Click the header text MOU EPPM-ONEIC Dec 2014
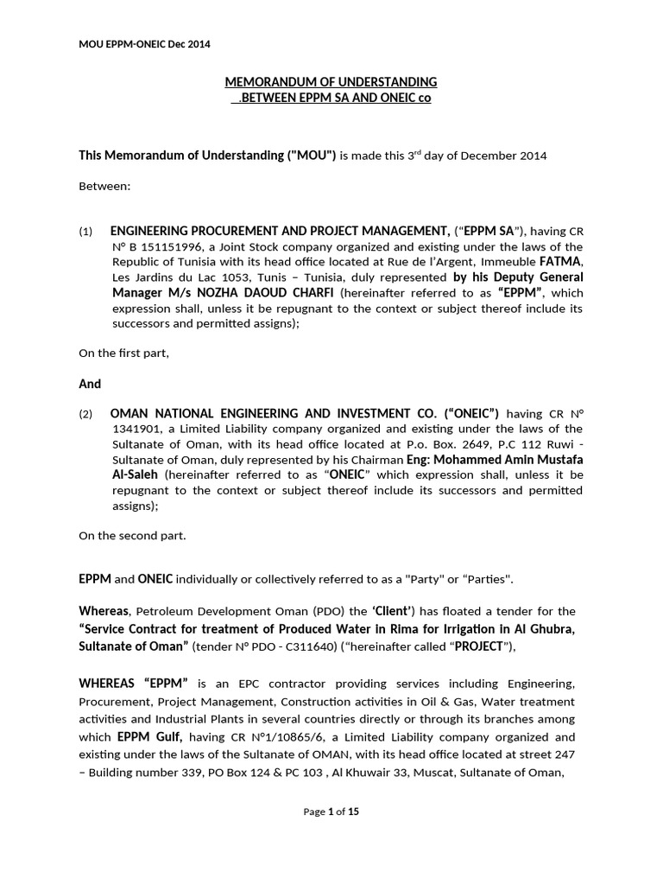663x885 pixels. [x=144, y=43]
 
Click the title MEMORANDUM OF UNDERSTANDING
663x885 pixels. [x=331, y=82]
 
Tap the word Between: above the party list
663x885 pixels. [x=104, y=186]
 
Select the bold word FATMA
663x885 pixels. [x=561, y=262]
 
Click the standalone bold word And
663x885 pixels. [x=90, y=384]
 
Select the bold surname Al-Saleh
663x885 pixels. [x=136, y=475]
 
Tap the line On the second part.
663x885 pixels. [x=132, y=536]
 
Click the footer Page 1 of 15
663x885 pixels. [x=331, y=812]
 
